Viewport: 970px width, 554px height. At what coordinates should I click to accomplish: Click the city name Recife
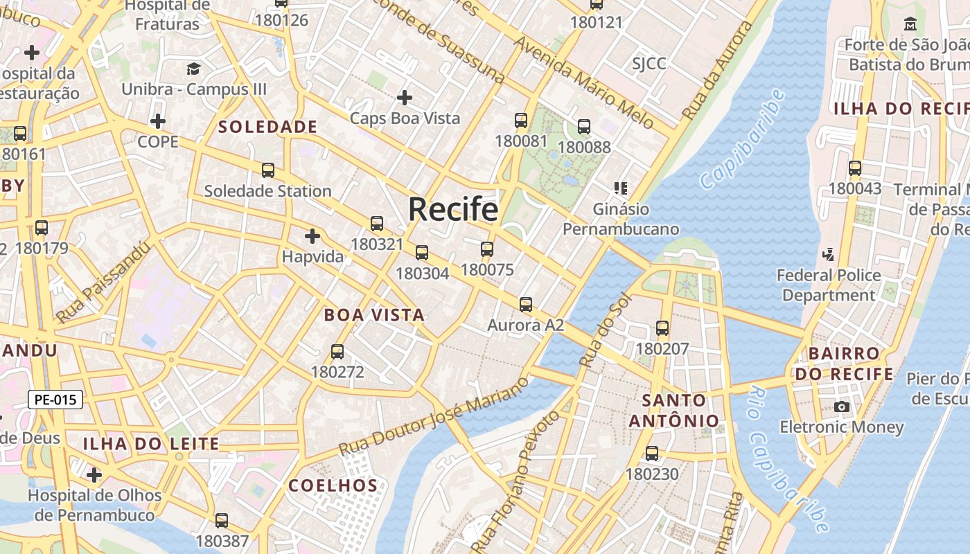(x=453, y=209)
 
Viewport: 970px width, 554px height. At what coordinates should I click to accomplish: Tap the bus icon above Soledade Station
(x=267, y=170)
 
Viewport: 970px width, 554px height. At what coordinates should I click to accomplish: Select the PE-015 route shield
(x=55, y=399)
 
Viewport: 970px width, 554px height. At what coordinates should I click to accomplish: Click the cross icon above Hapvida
(x=312, y=236)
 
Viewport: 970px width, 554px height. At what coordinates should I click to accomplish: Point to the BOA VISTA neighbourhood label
(x=374, y=315)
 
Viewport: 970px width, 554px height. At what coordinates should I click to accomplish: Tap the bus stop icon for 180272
(x=337, y=351)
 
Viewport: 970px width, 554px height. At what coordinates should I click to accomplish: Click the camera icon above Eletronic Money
(x=842, y=406)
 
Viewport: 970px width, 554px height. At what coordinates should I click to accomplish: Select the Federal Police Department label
(x=829, y=285)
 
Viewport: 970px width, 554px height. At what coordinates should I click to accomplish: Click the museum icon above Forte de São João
(x=910, y=24)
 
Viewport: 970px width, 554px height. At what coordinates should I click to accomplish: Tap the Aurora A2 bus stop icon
(x=526, y=304)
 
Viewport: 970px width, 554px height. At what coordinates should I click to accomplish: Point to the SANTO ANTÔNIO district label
(x=674, y=410)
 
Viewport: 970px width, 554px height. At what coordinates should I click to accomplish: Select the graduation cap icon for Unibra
(x=193, y=69)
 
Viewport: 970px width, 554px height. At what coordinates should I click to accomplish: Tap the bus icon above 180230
(x=652, y=454)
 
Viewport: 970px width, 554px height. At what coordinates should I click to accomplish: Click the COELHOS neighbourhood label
(x=333, y=485)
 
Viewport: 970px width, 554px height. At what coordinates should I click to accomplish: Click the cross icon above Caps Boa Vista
(x=405, y=97)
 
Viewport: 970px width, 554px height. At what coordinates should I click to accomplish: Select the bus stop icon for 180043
(x=855, y=168)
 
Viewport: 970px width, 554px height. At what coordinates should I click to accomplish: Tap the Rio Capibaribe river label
(x=788, y=460)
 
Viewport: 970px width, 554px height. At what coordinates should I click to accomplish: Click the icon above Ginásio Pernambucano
(x=621, y=188)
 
